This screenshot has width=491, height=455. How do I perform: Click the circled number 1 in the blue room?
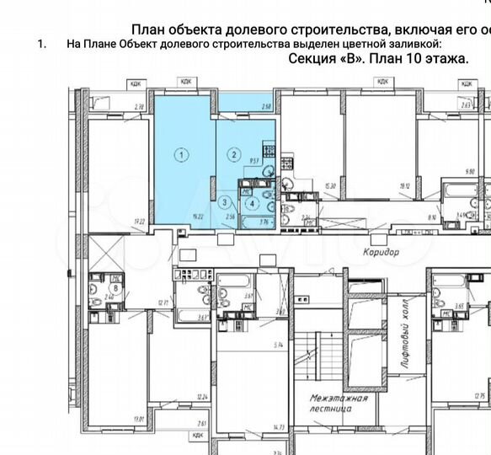tap(179, 154)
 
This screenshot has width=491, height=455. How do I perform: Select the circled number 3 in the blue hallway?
tap(224, 202)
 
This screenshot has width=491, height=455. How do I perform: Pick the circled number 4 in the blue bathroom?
tap(251, 202)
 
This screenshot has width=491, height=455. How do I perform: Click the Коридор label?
tap(381, 252)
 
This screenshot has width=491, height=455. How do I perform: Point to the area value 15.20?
tap(329, 187)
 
